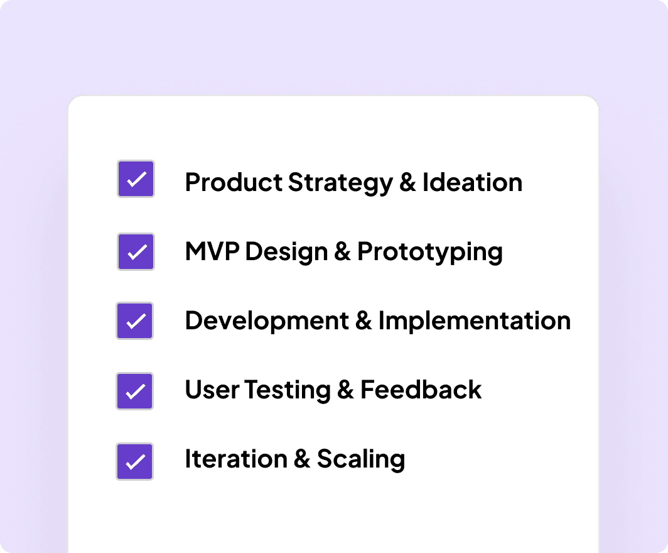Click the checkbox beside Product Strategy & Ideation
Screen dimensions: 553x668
pos(136,179)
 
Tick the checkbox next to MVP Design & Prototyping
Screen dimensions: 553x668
pos(136,252)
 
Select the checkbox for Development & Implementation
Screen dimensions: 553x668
pos(135,321)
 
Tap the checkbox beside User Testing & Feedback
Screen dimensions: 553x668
pos(135,391)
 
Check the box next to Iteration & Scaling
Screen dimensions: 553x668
pos(135,461)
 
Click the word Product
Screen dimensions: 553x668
pos(234,183)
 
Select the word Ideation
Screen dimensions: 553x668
pos(472,183)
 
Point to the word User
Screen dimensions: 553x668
pos(212,390)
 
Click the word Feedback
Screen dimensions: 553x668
pos(421,390)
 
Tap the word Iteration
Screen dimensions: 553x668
pos(235,459)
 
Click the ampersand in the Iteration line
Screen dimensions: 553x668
pos(301,459)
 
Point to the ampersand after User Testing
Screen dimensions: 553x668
pos(345,390)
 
